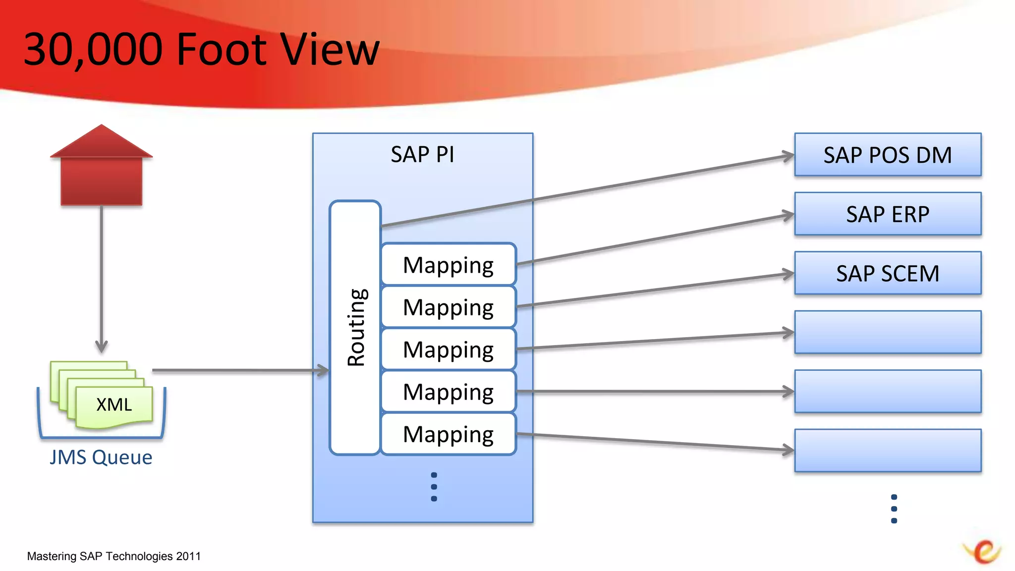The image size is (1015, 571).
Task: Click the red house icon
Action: (x=102, y=166)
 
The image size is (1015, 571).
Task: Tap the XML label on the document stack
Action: (x=114, y=404)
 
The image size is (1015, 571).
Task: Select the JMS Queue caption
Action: (x=101, y=457)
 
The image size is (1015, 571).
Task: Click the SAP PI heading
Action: (x=422, y=154)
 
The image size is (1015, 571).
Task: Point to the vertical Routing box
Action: (x=355, y=327)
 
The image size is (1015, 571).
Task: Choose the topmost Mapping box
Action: (x=449, y=264)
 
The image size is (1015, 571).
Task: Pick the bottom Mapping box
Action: (x=449, y=434)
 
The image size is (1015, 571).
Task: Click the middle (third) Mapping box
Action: (x=449, y=349)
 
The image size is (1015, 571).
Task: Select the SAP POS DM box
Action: (x=888, y=155)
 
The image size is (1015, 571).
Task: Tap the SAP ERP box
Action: (x=888, y=214)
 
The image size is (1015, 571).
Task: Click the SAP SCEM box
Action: (x=888, y=273)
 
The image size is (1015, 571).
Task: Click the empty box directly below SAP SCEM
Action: (x=888, y=332)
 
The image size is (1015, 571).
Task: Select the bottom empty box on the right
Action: (x=888, y=450)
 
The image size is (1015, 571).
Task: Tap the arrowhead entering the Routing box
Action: (x=324, y=370)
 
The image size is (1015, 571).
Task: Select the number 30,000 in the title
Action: (x=93, y=50)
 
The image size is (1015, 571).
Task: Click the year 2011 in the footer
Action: (x=188, y=556)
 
